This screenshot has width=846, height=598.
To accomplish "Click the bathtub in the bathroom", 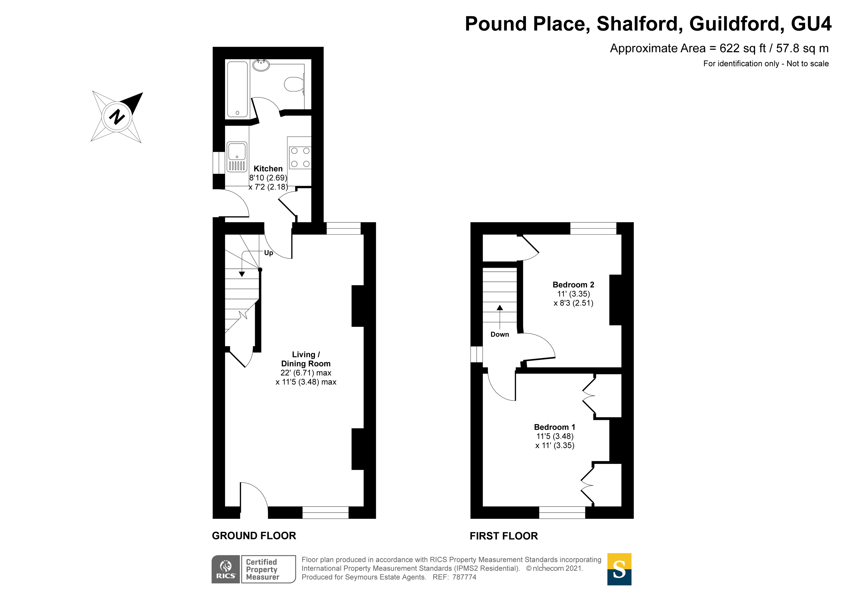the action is [238, 89].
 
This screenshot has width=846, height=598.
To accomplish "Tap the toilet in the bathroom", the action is [294, 84].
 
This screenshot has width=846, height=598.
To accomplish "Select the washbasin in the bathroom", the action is [261, 65].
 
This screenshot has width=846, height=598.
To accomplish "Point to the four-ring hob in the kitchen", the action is [300, 157].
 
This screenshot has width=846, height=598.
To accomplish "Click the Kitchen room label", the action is [268, 169].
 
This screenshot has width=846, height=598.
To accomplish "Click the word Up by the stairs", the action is [269, 253].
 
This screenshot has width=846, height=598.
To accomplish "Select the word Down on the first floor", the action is [500, 335].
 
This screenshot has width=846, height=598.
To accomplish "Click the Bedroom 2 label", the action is [573, 285].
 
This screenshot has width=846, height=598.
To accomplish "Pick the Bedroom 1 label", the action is [555, 427].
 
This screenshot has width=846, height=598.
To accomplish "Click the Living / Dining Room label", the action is [306, 359].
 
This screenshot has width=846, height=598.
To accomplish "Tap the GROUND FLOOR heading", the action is [254, 536].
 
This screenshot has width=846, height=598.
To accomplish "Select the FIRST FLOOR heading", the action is [504, 536].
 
